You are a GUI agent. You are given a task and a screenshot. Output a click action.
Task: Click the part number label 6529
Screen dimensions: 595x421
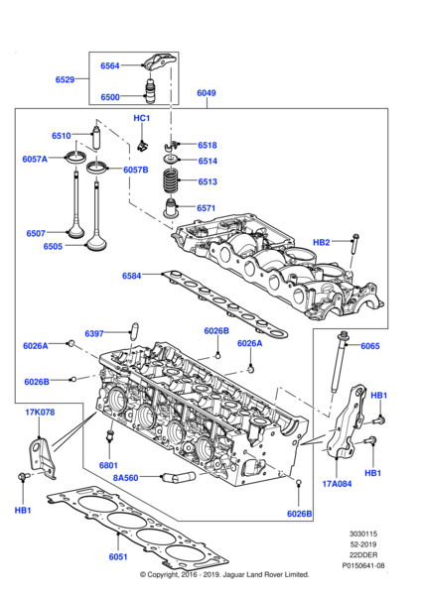coord(67,78)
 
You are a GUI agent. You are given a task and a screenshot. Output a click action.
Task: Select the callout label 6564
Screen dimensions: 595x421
coord(109,66)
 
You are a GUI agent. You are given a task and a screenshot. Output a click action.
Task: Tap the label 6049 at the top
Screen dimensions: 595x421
coord(207,93)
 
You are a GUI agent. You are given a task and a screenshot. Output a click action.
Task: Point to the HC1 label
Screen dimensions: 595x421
coord(141,118)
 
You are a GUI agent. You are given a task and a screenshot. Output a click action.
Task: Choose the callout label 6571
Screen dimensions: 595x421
coord(207,208)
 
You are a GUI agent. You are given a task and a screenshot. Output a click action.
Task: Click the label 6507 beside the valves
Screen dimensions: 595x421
coord(37,233)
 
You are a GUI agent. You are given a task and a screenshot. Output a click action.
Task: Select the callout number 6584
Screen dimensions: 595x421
coord(132,276)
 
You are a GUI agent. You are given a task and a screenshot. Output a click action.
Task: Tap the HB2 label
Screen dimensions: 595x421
coord(321,242)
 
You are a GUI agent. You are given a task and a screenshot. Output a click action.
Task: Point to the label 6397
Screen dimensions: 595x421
coord(95,333)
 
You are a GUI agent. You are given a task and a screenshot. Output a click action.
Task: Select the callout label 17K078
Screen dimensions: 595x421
coord(39,412)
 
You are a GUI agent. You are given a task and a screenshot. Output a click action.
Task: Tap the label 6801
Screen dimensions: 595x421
coord(109,465)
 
